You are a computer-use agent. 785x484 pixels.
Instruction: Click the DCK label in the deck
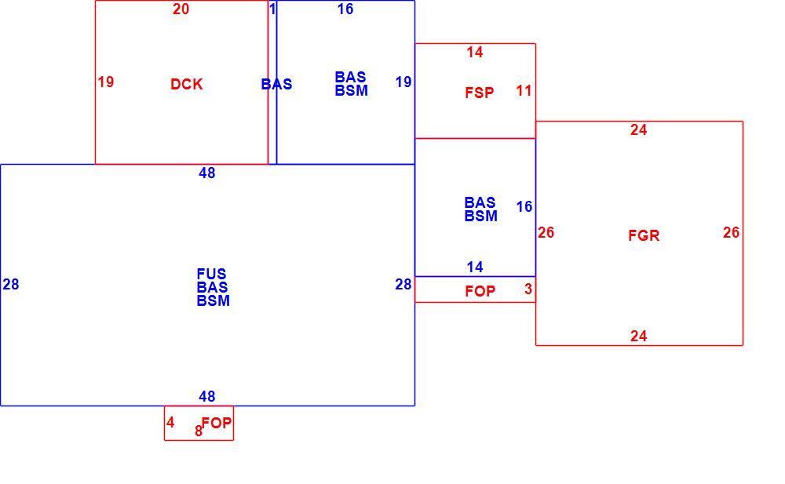(186, 84)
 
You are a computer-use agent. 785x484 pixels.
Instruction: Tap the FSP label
(479, 93)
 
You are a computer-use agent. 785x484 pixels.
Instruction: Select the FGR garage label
(644, 235)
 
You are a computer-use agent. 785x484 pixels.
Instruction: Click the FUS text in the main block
(211, 274)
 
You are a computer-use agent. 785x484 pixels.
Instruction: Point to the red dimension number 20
(181, 9)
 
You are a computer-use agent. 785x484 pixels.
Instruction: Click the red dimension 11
(524, 90)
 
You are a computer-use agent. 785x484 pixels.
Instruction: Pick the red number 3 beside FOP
(528, 289)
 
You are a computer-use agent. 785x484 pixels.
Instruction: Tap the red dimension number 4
(170, 423)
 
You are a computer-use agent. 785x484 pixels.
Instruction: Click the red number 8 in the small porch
(199, 431)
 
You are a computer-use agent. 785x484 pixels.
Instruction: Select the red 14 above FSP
(475, 52)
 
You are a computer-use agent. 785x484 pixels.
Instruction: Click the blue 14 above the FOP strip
(475, 267)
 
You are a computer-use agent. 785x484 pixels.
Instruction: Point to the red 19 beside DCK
(106, 82)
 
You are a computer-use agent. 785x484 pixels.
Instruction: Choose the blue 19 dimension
(403, 82)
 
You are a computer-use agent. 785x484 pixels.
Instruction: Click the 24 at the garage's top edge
(638, 129)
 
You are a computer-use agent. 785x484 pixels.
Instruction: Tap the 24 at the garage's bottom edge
(638, 336)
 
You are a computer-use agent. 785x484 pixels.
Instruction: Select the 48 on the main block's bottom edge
(206, 396)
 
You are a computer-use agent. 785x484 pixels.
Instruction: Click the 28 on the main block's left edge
(10, 284)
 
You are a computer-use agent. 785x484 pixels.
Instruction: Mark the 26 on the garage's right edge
(731, 232)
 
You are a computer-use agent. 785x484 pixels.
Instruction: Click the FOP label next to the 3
(480, 291)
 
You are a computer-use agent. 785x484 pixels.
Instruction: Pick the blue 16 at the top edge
(345, 9)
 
